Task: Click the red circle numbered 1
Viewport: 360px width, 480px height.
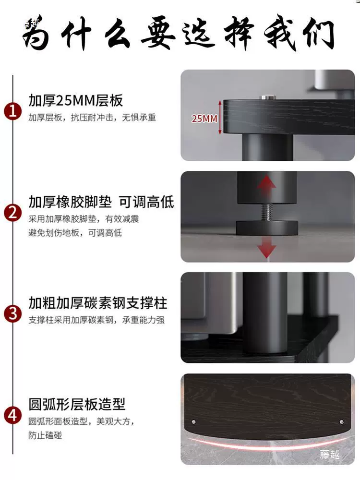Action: [13, 111]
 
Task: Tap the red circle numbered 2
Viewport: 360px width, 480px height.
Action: [13, 213]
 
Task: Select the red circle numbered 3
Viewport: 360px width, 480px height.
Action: [13, 314]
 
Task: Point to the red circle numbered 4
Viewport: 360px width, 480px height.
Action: [13, 415]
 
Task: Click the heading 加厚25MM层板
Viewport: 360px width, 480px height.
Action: [76, 100]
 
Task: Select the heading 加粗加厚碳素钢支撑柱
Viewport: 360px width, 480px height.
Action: [98, 303]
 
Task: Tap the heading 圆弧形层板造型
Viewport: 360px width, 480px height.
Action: [77, 404]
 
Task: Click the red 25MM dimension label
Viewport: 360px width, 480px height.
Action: [204, 119]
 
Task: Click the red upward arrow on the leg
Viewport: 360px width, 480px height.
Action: [266, 186]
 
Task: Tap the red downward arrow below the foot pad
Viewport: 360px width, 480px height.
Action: [266, 247]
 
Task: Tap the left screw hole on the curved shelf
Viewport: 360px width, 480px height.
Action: [193, 422]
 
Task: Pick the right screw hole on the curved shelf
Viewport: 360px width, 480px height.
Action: [342, 422]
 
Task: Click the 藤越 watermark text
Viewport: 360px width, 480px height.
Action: [330, 454]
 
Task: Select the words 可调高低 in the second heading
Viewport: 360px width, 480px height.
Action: [146, 202]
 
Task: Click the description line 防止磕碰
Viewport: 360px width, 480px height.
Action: [45, 435]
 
